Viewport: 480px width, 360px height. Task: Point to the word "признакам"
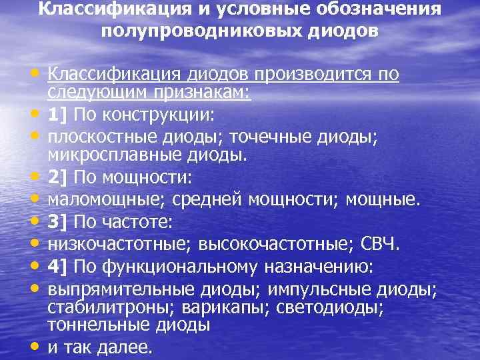click(200, 93)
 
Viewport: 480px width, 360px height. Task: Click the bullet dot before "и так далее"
click(33, 347)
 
